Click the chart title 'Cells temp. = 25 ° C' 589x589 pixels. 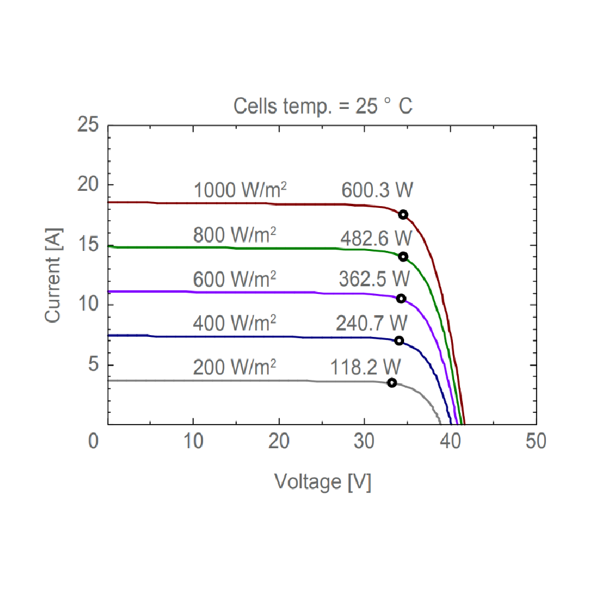coord(323,107)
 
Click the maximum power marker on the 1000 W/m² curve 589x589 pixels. coord(403,214)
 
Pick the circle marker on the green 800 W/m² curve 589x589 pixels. coord(403,256)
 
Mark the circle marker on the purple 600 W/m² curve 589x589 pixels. coord(401,299)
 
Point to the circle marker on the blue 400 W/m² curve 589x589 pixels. coord(399,340)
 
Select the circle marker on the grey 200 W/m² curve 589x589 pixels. coord(392,383)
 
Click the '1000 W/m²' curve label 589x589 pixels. coord(240,190)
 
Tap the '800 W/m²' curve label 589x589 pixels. coord(234,235)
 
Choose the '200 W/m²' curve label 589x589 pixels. coord(234,367)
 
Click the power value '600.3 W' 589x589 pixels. coord(377,190)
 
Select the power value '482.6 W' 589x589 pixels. coord(375,239)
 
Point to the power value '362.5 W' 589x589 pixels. coord(373,279)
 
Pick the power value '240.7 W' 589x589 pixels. coord(372,323)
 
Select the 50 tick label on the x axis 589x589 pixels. coord(536,441)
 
